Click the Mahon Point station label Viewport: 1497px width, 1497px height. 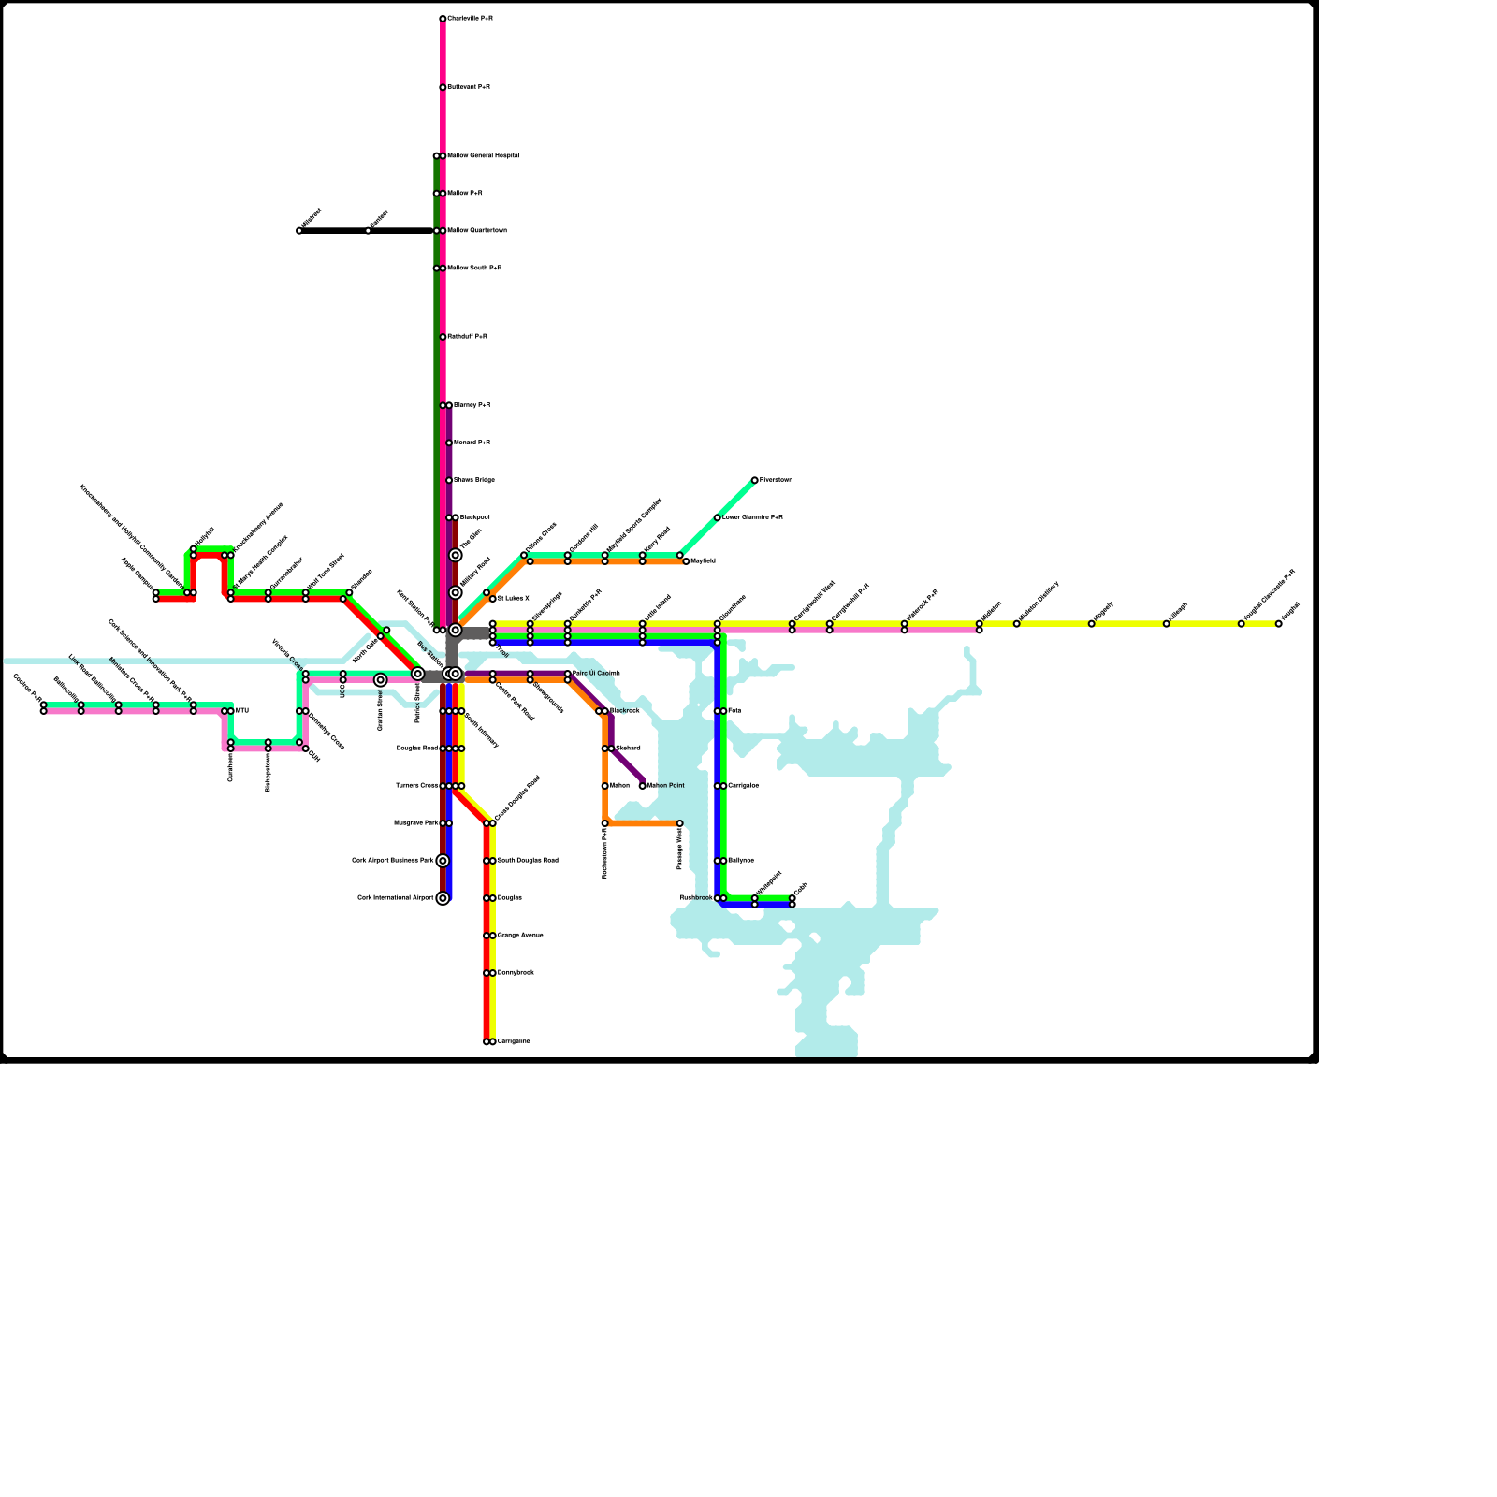tap(666, 786)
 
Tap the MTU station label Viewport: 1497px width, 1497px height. tap(242, 711)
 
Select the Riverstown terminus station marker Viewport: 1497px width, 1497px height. tap(755, 480)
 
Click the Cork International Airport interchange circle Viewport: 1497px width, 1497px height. tap(443, 898)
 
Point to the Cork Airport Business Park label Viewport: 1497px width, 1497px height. tap(393, 861)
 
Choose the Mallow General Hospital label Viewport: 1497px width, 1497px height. tap(483, 156)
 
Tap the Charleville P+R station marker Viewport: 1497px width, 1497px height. tap(443, 19)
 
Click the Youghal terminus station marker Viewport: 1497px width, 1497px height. tap(1279, 624)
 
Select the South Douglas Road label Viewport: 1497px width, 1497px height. tap(528, 861)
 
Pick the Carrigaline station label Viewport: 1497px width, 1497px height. tap(514, 1041)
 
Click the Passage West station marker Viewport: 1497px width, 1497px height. tap(680, 823)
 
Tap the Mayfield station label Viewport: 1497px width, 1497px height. tap(703, 561)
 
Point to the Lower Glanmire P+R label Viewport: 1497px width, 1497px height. tap(752, 517)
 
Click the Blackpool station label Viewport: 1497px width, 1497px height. tap(474, 517)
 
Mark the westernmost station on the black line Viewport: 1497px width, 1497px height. tap(299, 231)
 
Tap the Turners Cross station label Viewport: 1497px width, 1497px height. tap(416, 786)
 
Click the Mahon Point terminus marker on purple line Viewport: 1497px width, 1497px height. tap(643, 786)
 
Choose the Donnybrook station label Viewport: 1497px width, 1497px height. tap(516, 973)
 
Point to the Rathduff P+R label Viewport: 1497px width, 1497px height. tap(467, 337)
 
